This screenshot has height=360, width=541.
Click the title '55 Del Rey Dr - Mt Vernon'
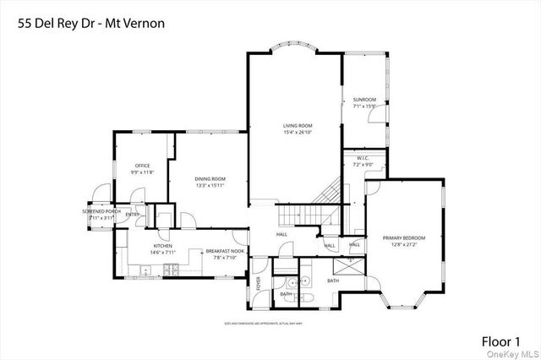click(87, 23)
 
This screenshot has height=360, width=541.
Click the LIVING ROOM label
click(298, 125)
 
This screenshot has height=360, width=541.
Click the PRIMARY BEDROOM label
click(403, 237)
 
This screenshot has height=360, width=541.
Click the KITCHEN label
click(139, 246)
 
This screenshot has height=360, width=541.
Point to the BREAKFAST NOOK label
click(227, 252)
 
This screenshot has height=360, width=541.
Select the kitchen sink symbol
click(145, 271)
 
